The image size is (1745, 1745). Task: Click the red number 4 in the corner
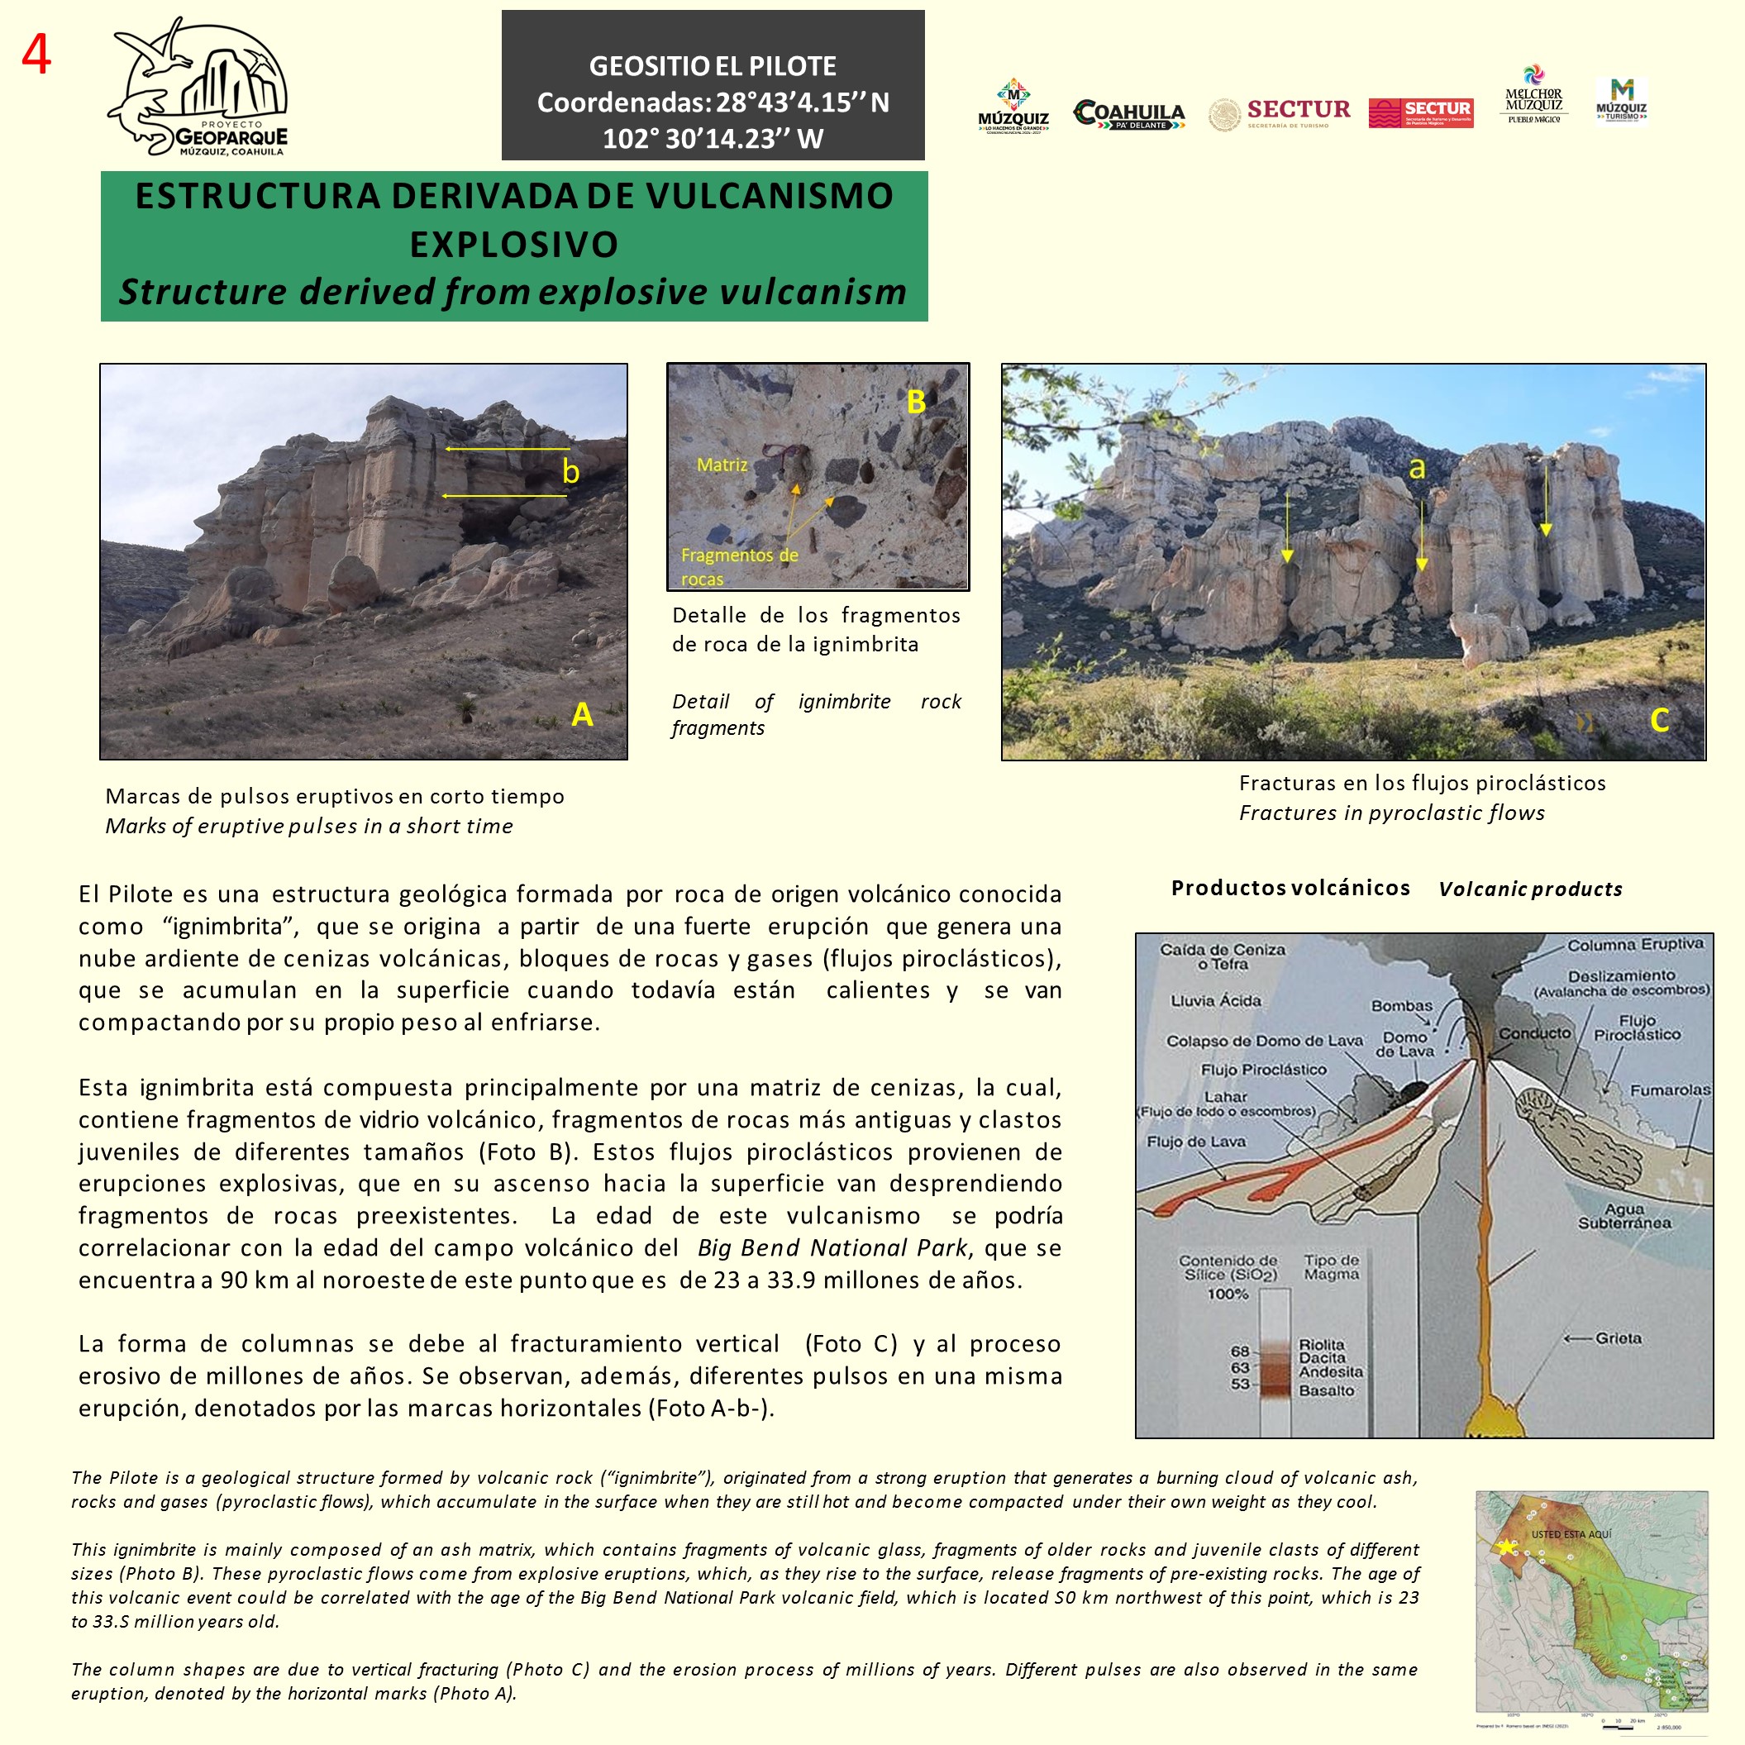pyautogui.click(x=36, y=55)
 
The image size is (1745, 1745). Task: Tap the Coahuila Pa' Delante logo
pyautogui.click(x=1129, y=115)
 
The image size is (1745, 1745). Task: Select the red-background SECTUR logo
pyautogui.click(x=1421, y=113)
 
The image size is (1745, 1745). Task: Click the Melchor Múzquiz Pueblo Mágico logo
pyautogui.click(x=1533, y=96)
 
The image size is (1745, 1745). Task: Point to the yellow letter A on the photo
pyautogui.click(x=583, y=714)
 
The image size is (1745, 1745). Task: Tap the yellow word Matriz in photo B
pyautogui.click(x=722, y=465)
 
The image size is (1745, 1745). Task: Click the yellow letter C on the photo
pyautogui.click(x=1659, y=720)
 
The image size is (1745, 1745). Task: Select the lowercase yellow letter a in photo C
pyautogui.click(x=1417, y=468)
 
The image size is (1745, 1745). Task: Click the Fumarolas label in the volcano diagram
pyautogui.click(x=1669, y=1090)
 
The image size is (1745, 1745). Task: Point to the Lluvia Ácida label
pyautogui.click(x=1216, y=1001)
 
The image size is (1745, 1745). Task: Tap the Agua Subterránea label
pyautogui.click(x=1624, y=1216)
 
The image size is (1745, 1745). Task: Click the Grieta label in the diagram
pyautogui.click(x=1618, y=1337)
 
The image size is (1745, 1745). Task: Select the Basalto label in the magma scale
pyautogui.click(x=1326, y=1390)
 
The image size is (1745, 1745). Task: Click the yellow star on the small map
pyautogui.click(x=1505, y=1547)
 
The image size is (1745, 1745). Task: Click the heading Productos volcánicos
pyautogui.click(x=1290, y=888)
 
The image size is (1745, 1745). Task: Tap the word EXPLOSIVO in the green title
pyautogui.click(x=514, y=245)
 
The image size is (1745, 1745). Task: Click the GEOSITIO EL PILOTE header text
pyautogui.click(x=713, y=66)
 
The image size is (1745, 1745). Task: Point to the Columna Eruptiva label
pyautogui.click(x=1635, y=944)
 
